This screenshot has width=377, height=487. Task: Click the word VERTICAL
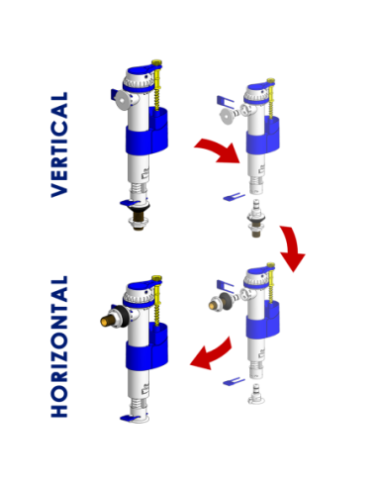click(x=59, y=145)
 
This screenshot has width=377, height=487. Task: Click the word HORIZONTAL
click(x=59, y=346)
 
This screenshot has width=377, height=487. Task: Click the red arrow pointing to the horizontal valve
click(x=211, y=354)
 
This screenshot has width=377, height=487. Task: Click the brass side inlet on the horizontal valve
click(x=109, y=320)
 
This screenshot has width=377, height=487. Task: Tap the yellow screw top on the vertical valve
click(x=156, y=63)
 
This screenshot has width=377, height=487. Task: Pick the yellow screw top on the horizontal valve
click(x=156, y=279)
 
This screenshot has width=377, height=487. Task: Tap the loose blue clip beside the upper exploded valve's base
click(x=234, y=197)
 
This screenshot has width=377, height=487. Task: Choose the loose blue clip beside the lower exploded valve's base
click(x=234, y=382)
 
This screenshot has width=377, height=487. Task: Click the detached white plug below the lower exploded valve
click(x=256, y=394)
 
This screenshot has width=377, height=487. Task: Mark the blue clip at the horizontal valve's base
click(x=130, y=418)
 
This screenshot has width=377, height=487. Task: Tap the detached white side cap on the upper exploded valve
click(x=227, y=117)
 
